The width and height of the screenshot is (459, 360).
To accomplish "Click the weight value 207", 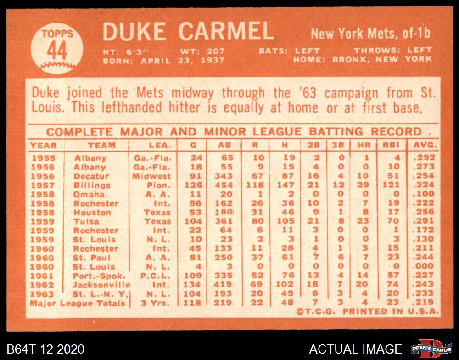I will click(216, 51).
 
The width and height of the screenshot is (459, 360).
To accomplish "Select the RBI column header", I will click(391, 146).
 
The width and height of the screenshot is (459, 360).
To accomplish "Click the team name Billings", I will click(92, 185).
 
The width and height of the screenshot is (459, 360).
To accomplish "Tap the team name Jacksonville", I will click(101, 285).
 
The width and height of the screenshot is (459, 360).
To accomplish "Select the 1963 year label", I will click(42, 294).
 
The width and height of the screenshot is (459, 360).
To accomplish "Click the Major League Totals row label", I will click(78, 303).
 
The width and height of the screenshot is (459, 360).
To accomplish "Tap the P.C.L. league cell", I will click(157, 276).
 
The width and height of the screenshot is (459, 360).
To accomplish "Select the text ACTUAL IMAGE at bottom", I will click(356, 349).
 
